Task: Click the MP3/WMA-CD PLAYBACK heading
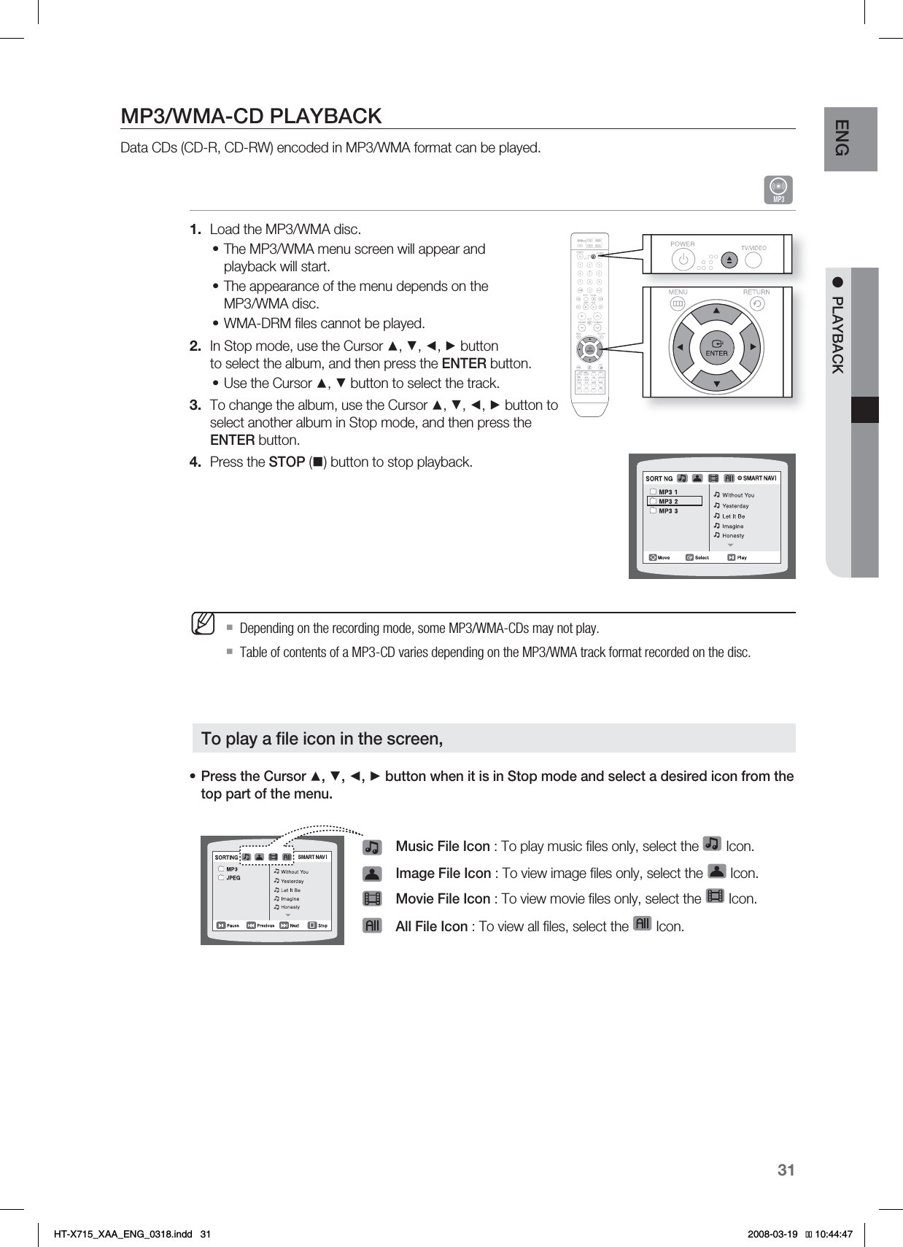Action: (x=251, y=117)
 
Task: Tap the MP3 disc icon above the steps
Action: (x=778, y=190)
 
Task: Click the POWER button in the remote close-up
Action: (x=683, y=259)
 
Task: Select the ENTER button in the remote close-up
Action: (x=716, y=347)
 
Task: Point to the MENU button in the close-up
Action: (x=677, y=303)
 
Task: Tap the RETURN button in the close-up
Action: (x=757, y=303)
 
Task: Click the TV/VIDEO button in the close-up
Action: (x=755, y=259)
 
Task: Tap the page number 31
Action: (x=786, y=1170)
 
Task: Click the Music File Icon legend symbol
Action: (x=372, y=847)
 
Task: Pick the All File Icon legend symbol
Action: (x=372, y=926)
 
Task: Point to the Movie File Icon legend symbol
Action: (x=372, y=899)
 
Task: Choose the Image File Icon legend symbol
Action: (x=372, y=874)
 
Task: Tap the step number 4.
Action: (x=195, y=462)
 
